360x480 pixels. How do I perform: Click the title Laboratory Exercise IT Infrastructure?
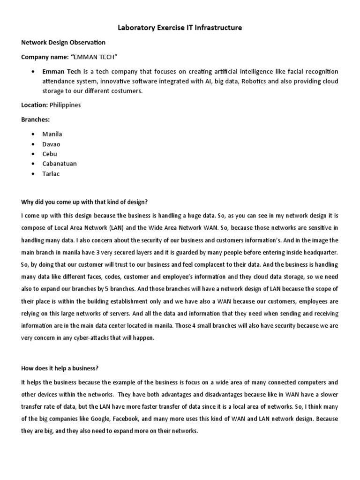click(180, 28)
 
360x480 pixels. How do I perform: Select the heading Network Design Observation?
click(63, 42)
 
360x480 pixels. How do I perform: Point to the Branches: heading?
click(36, 120)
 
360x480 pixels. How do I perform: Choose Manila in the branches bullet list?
click(52, 134)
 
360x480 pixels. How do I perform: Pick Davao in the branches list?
click(51, 144)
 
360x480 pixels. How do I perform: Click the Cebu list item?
click(50, 154)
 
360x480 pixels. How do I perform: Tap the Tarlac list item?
click(51, 173)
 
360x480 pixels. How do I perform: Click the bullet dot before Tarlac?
click(32, 174)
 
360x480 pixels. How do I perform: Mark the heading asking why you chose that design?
click(84, 202)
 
